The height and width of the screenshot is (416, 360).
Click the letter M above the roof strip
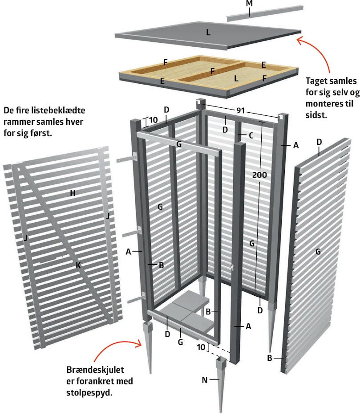click(x=249, y=4)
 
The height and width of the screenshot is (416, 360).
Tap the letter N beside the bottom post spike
click(x=204, y=380)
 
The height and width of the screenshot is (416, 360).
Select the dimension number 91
click(x=240, y=110)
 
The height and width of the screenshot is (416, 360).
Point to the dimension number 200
click(x=259, y=175)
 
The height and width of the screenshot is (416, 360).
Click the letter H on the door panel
click(x=73, y=193)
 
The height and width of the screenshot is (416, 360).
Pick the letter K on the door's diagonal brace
click(x=78, y=265)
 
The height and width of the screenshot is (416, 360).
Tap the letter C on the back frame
click(x=251, y=135)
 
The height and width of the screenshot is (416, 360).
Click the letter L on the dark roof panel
click(x=208, y=33)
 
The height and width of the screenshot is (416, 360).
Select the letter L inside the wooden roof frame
click(x=236, y=78)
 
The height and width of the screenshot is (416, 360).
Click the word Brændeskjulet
click(x=95, y=370)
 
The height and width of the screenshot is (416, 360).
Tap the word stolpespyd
click(x=89, y=393)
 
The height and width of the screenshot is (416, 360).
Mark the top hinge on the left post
click(x=127, y=159)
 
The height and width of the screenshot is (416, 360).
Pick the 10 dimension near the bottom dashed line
click(x=201, y=347)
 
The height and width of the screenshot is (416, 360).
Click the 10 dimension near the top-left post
click(x=153, y=120)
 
